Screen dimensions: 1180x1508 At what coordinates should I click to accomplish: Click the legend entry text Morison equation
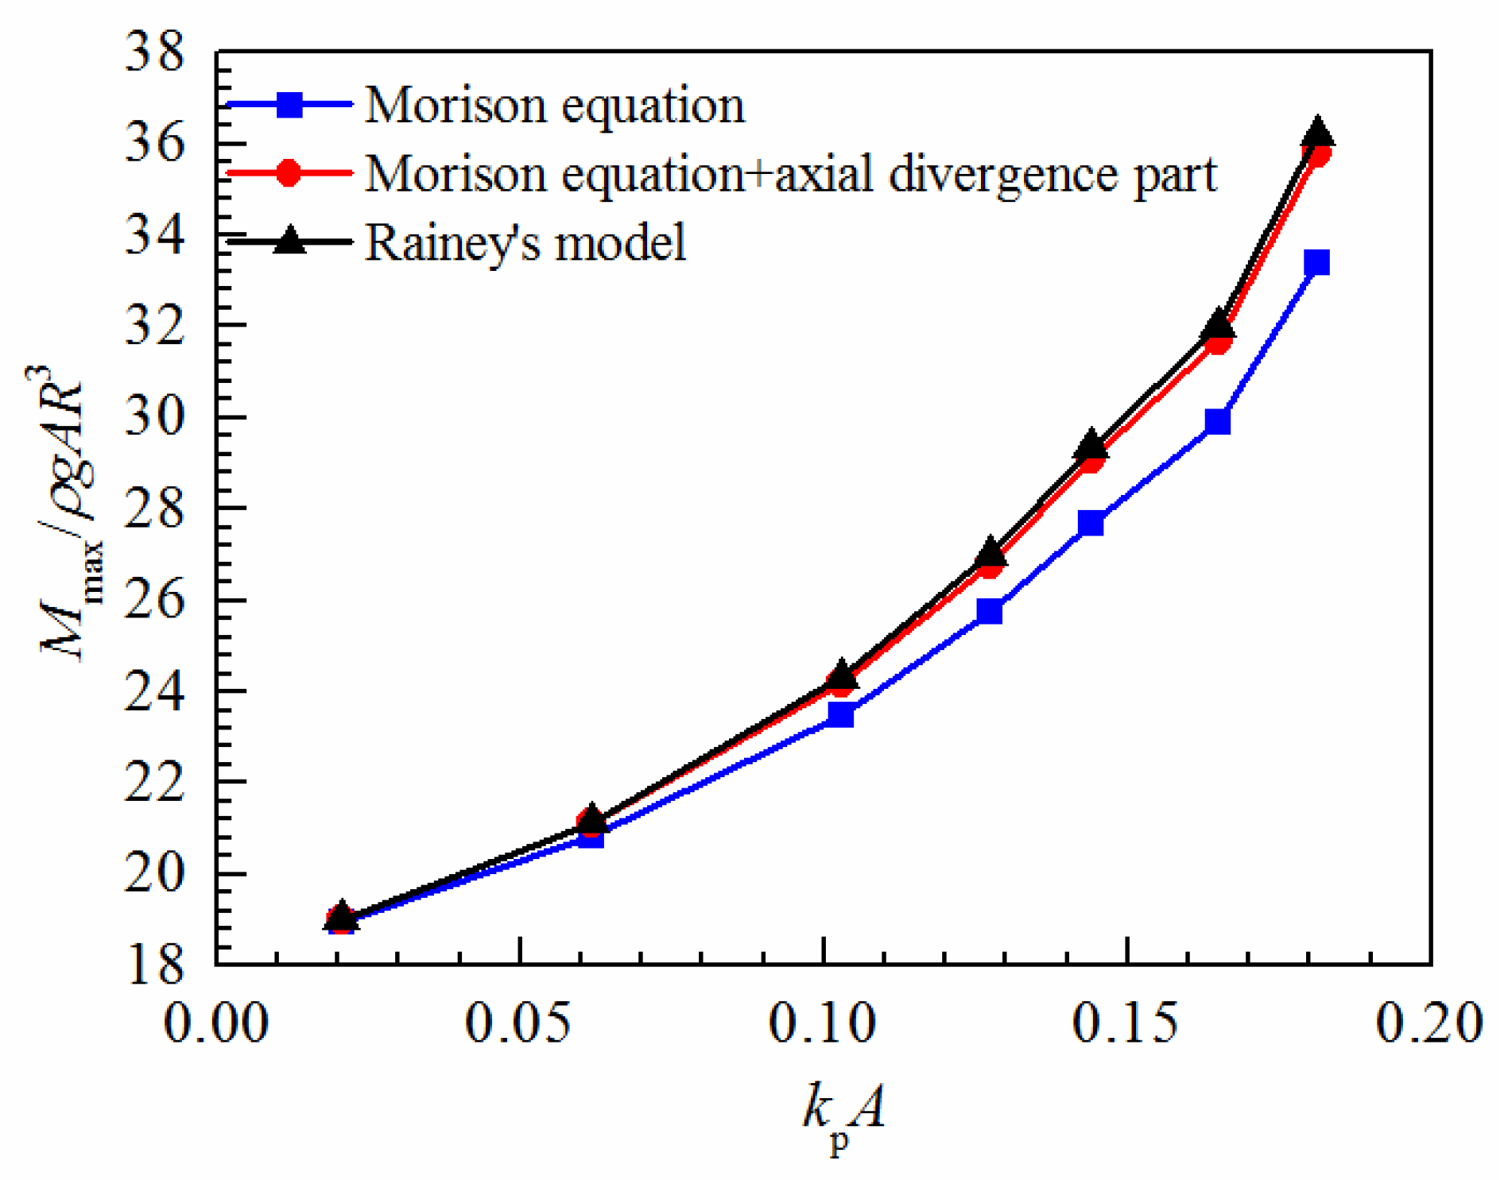555,105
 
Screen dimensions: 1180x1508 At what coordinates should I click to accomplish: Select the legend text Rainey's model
525,242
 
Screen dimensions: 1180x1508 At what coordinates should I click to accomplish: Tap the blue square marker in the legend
290,104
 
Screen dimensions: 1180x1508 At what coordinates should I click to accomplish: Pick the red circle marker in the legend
290,172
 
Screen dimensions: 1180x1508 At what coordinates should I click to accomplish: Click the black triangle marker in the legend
290,240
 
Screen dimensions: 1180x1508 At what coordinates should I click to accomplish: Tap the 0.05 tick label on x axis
518,1023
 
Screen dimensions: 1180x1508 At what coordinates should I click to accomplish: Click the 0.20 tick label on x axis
1429,1023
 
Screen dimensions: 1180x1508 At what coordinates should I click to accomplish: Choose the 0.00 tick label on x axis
215,1023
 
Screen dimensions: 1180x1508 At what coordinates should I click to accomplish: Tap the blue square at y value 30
1217,421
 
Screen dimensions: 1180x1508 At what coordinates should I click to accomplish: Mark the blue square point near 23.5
840,715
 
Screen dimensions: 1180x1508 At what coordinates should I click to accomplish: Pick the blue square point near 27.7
1091,523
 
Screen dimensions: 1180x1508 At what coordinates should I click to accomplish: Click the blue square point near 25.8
989,611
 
